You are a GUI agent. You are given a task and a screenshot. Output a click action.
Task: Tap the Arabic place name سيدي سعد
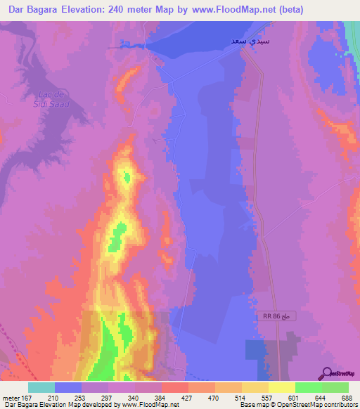pos(250,41)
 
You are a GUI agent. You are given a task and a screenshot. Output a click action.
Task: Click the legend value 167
pos(26,397)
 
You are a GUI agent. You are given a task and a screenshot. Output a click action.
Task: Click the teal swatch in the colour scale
pos(41,387)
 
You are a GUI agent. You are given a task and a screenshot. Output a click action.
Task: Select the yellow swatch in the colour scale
pos(281,387)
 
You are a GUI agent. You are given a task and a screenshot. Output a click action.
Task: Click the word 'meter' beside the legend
pos(10,397)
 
